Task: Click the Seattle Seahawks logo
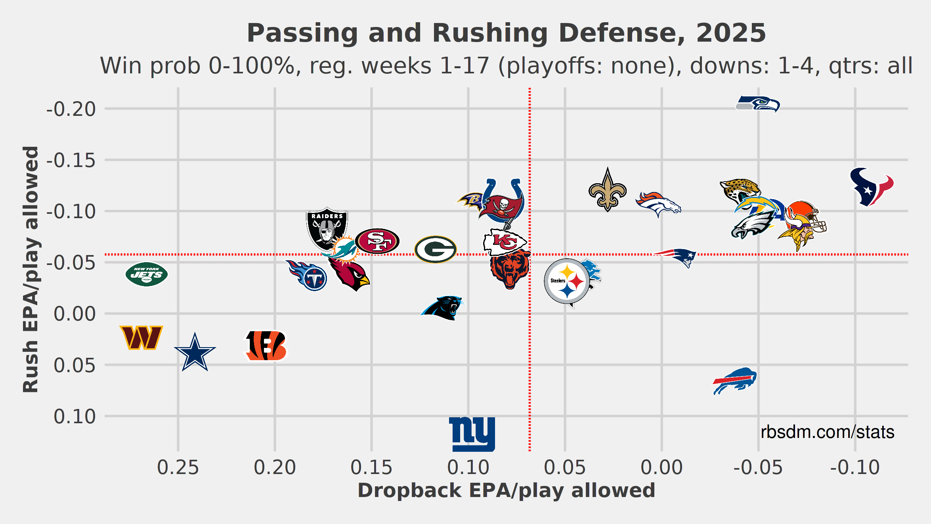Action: pos(757,104)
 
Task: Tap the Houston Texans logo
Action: pos(871,187)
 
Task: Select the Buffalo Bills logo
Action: pos(735,381)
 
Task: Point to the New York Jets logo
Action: pos(147,274)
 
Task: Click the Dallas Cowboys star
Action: pos(195,353)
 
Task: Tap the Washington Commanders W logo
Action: pos(141,338)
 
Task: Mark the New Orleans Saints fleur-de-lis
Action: pos(608,190)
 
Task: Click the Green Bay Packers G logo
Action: pos(436,250)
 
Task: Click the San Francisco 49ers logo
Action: pos(377,241)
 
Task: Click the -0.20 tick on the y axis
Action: pos(71,109)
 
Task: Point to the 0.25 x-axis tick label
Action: pos(178,467)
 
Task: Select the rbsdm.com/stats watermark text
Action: pos(827,432)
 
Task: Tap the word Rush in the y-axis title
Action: pos(31,367)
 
